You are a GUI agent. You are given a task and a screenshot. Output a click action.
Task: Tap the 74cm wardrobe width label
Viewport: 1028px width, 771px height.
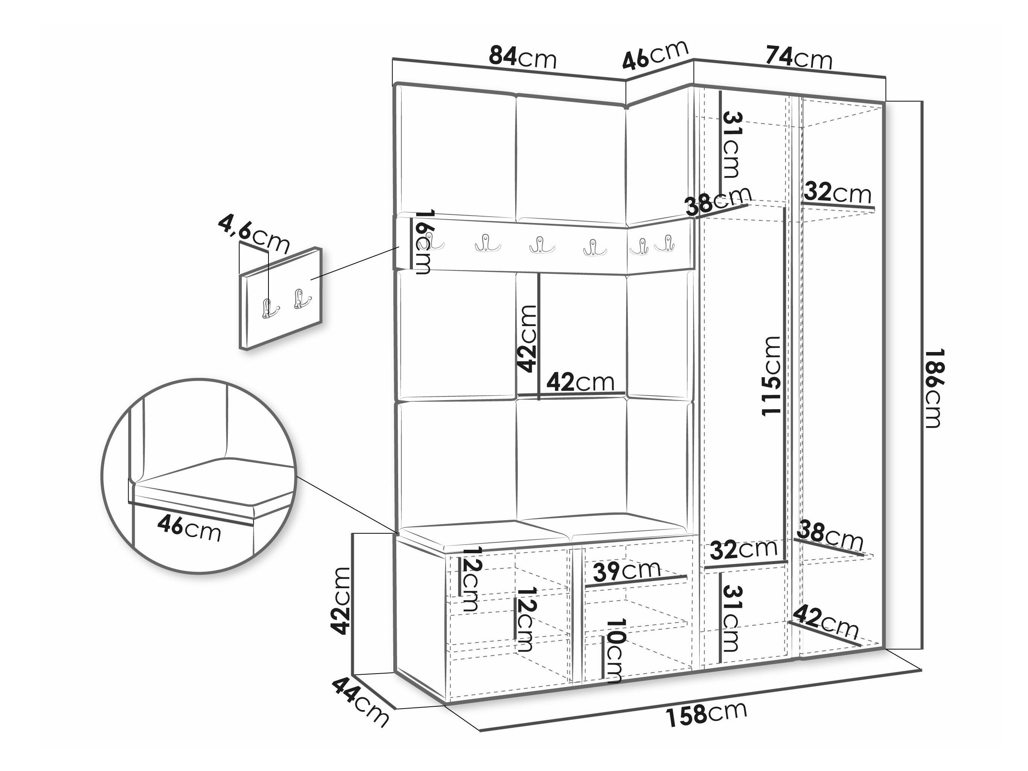coord(798,57)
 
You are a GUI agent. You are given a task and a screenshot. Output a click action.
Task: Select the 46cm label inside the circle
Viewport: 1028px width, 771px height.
coord(189,529)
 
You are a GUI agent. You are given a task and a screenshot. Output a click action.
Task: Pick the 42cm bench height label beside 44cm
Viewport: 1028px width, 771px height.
coord(340,601)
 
